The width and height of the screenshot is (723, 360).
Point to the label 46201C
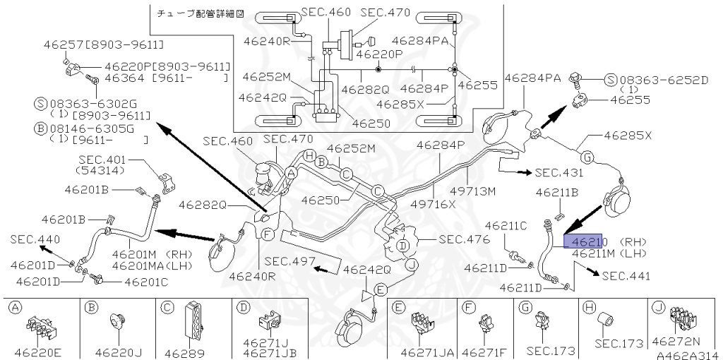point(148,282)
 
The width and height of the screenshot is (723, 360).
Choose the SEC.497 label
point(289,260)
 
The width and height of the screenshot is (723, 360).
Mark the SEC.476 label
point(462,239)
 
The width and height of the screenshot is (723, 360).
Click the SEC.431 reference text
point(558,172)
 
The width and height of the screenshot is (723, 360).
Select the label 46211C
point(503,225)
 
